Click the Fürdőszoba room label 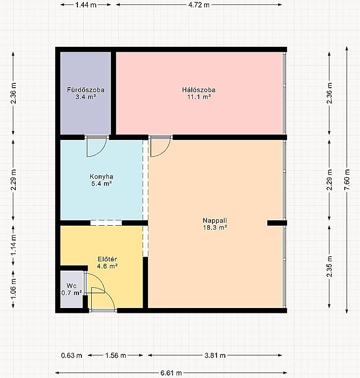pos(86,90)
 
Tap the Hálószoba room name pos(199,90)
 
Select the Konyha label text pos(101,176)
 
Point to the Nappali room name pos(215,220)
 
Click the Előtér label pos(108,259)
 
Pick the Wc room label pos(72,286)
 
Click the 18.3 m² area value pos(215,227)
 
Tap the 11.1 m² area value pos(199,97)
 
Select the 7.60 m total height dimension pos(347,179)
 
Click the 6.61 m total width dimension pos(171,373)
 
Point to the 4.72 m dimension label pos(199,5)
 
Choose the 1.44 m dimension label pos(86,5)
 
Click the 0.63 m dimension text pos(72,355)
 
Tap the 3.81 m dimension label pos(215,355)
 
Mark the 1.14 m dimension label pos(13,244)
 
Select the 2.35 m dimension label pos(329,267)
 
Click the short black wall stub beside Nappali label pos(277,223)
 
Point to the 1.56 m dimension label pos(115,355)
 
